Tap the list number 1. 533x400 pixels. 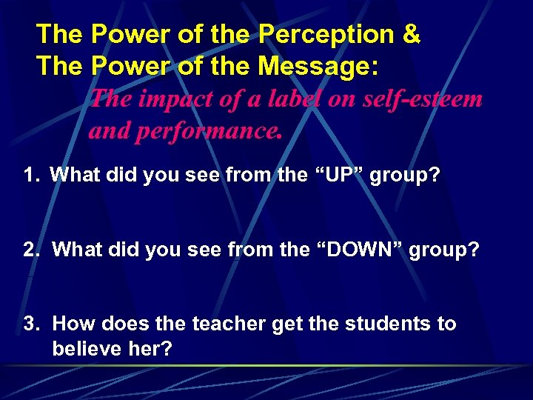pyautogui.click(x=30, y=176)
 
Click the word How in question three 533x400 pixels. pyautogui.click(x=73, y=324)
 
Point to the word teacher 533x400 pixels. pyautogui.click(x=227, y=324)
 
